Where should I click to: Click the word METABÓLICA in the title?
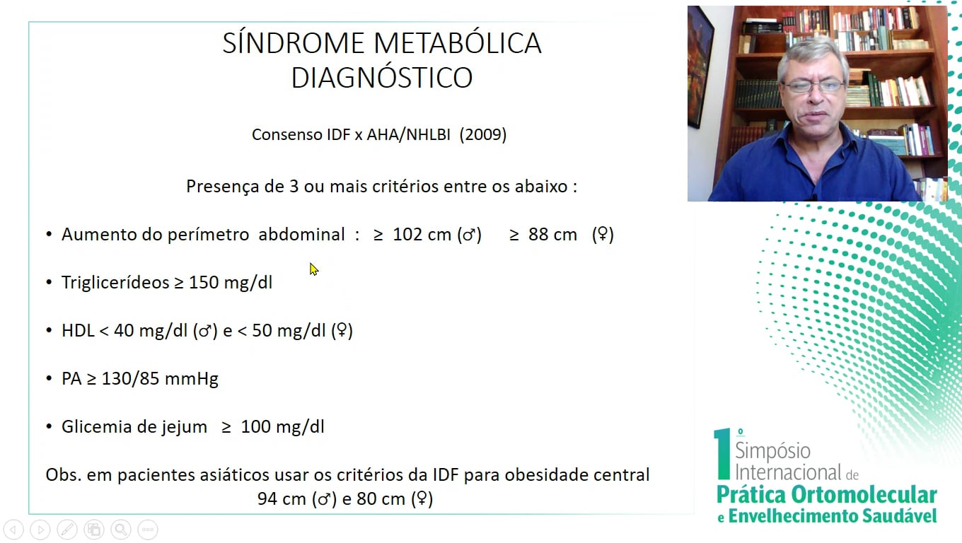458,43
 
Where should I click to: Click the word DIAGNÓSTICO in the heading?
382,77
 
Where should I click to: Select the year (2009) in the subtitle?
482,134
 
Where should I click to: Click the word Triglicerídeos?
115,282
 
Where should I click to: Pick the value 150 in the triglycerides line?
204,282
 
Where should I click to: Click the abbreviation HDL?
78,330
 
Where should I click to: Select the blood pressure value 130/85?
131,378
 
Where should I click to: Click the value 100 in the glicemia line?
256,426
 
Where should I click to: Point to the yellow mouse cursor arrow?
314,269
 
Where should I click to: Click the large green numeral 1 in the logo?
722,453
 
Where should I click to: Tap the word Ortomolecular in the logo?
864,495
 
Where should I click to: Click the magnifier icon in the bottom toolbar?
121,530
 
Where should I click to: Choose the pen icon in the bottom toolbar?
67,530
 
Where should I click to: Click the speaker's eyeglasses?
813,86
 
